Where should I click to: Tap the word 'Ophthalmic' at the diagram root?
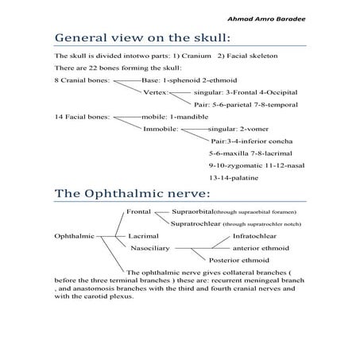point(74,237)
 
